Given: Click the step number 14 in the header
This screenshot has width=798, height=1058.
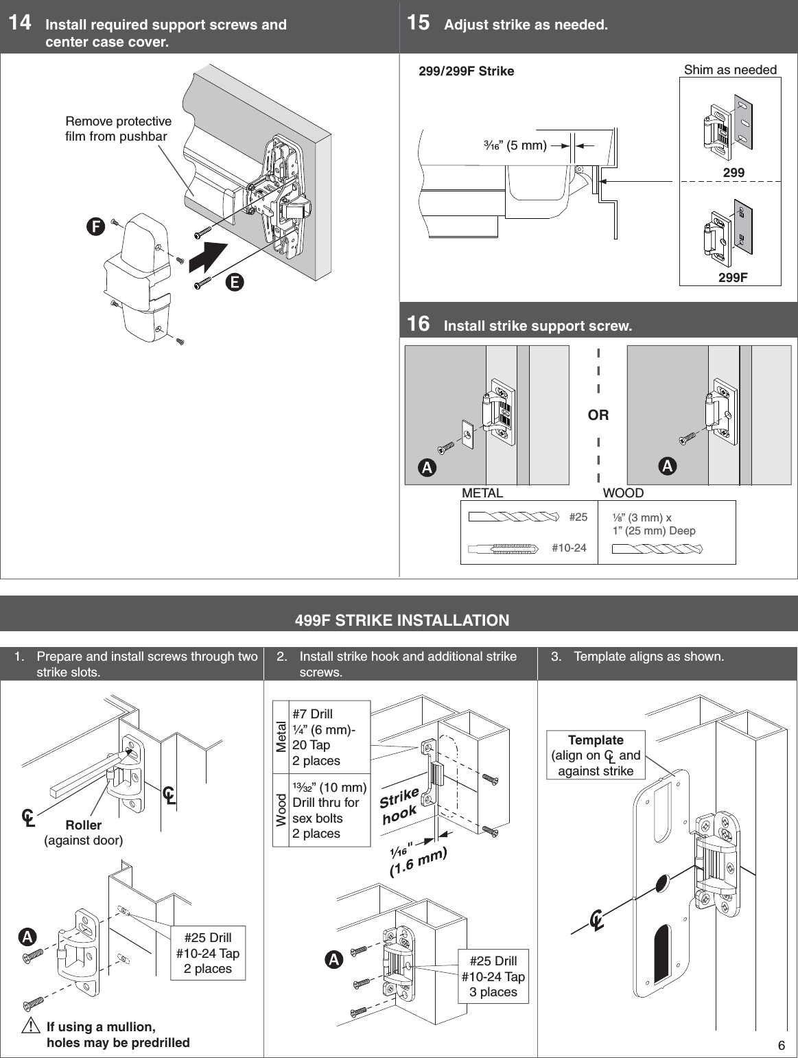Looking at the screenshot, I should [19, 23].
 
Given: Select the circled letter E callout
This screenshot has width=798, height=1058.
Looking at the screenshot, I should [235, 281].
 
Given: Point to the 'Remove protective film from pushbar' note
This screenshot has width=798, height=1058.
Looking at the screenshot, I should [118, 129].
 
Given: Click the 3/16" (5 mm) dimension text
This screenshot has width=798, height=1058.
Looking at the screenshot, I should [515, 145].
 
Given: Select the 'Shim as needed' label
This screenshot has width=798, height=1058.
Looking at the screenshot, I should [730, 70].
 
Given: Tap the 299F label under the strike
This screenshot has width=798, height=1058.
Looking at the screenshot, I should [733, 277].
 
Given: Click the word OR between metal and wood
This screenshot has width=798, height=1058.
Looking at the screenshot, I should [598, 415].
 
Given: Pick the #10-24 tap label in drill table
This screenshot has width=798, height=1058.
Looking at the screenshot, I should [569, 548].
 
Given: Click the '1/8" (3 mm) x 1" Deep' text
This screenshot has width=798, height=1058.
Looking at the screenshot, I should [653, 524].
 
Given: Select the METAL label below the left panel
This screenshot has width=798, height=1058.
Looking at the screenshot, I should [482, 493].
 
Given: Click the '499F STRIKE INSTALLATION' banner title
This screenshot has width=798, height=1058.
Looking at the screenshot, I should [402, 620].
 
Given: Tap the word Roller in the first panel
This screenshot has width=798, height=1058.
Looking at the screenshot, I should [83, 825].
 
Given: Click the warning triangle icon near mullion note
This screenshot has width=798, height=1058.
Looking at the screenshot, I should [30, 1027].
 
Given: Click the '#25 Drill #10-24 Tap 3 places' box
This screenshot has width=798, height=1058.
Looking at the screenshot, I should [493, 976].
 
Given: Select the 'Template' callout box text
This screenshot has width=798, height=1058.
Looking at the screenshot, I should [596, 755].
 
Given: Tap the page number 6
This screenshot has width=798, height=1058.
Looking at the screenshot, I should [781, 1046].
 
